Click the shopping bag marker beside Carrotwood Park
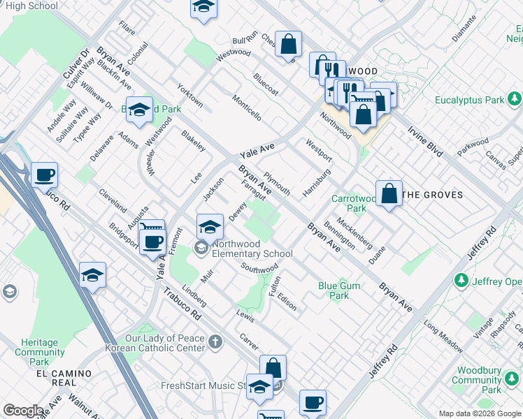click(x=389, y=194)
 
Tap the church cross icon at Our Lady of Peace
click(x=216, y=342)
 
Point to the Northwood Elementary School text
click(x=252, y=249)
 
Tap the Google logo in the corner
click(x=23, y=411)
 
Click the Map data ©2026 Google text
click(x=480, y=413)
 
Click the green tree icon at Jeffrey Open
click(x=461, y=281)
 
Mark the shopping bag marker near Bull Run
click(x=288, y=45)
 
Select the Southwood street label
click(x=259, y=268)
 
